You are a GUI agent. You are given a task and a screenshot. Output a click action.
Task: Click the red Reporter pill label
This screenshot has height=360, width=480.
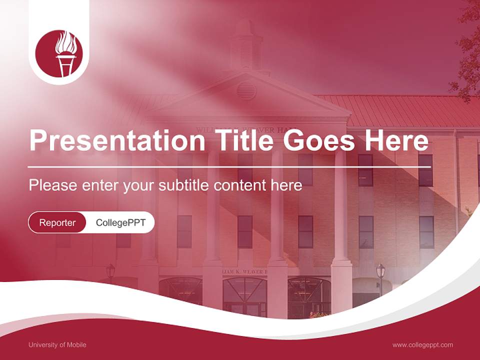point(57,222)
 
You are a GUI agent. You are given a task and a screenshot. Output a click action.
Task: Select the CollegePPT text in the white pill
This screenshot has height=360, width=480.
point(120,222)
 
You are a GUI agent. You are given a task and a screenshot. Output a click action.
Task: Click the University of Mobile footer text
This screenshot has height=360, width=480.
point(57,344)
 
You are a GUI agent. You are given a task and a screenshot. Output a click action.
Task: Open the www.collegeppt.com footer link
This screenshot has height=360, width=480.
point(422,344)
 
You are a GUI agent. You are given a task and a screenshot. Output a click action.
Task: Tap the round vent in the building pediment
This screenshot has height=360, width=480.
point(246,90)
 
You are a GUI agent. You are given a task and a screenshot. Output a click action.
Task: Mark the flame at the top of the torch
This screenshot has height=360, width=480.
point(66,42)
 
